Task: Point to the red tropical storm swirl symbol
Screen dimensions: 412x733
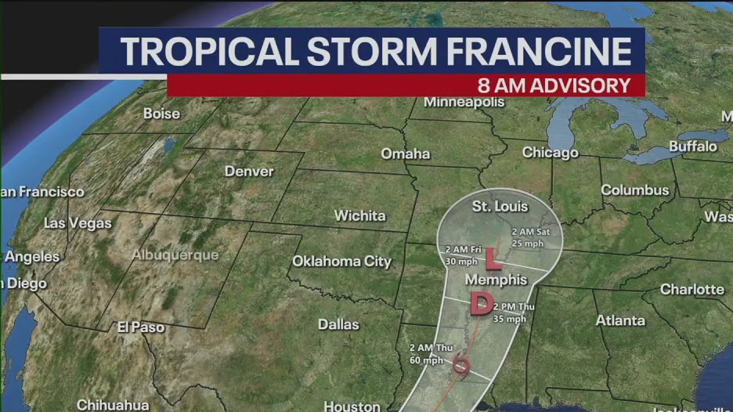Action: [462, 364]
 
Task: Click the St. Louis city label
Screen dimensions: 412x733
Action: [500, 207]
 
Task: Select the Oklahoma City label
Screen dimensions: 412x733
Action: [341, 261]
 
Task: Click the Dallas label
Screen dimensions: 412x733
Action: [338, 323]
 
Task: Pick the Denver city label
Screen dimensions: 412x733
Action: [249, 172]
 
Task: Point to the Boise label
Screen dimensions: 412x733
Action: [161, 114]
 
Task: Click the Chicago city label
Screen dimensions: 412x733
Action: [550, 153]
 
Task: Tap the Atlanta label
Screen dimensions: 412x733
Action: [620, 320]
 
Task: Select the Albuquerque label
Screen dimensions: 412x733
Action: [175, 255]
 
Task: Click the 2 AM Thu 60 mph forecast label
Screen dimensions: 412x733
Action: [426, 355]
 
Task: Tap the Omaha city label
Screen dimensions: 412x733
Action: [405, 154]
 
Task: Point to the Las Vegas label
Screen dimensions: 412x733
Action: [78, 223]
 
